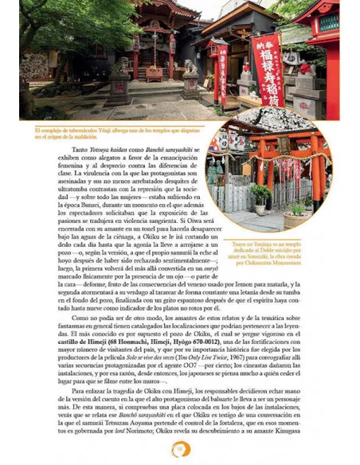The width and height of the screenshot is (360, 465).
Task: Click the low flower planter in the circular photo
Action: (x=296, y=213)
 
